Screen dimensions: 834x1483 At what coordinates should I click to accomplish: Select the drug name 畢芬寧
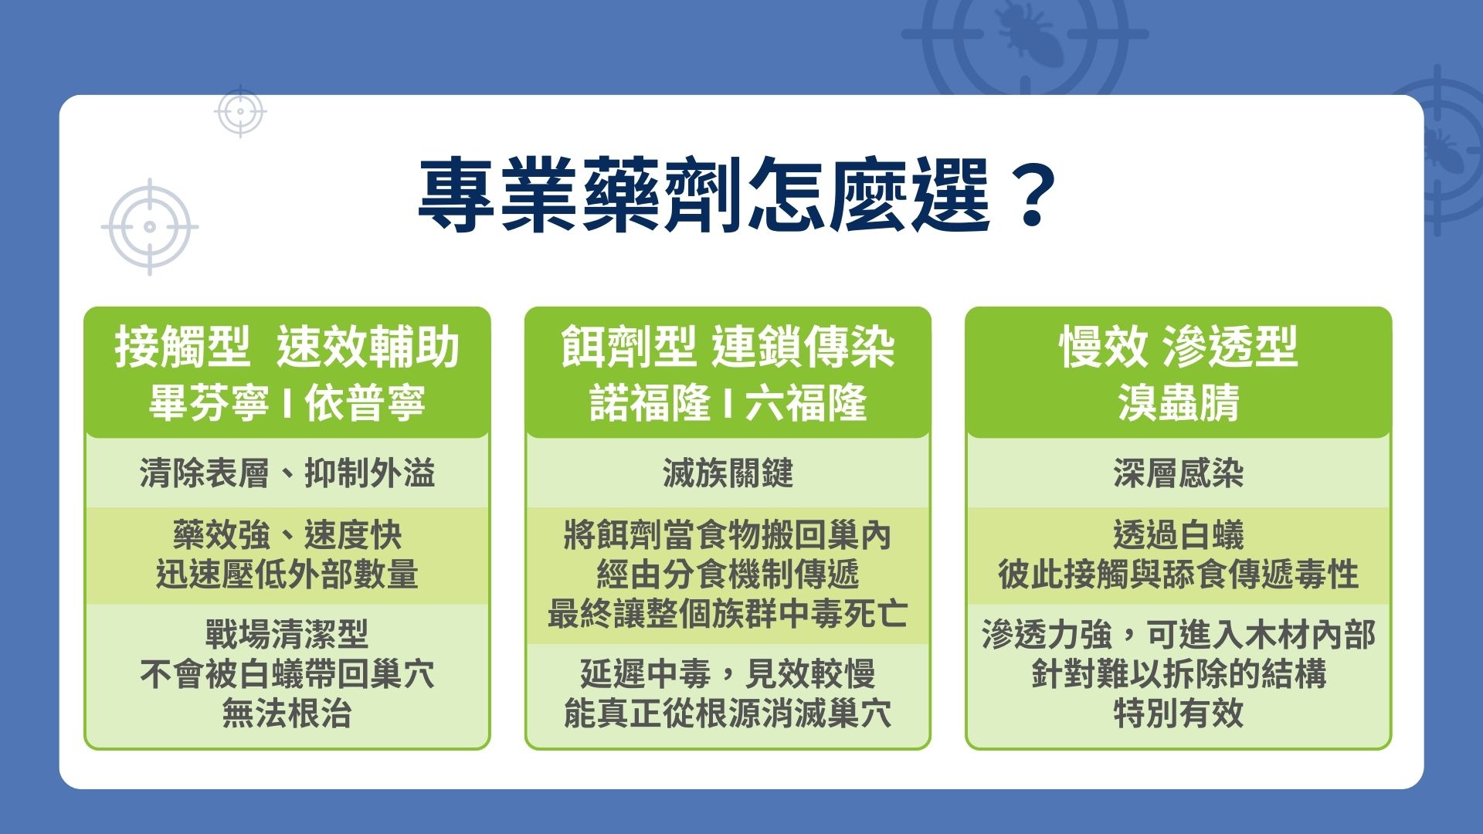(209, 403)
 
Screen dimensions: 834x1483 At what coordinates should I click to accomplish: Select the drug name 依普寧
(365, 403)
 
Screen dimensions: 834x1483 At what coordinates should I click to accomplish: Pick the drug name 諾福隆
(650, 403)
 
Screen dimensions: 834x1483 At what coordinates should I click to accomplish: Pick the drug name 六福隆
(806, 403)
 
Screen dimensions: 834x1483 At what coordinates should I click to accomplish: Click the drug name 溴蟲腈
(1178, 403)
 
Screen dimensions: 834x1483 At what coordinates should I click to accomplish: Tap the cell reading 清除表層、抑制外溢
(287, 473)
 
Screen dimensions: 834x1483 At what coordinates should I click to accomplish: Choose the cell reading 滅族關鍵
(728, 473)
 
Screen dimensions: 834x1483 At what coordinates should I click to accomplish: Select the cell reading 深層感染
(1178, 473)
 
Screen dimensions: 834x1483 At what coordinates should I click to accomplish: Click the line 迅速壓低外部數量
(287, 575)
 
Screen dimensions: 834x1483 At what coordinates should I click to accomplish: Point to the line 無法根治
(287, 714)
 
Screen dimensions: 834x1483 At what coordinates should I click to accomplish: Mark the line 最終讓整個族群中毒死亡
(728, 615)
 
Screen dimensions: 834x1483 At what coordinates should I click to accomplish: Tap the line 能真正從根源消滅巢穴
(728, 714)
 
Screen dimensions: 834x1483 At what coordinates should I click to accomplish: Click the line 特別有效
(1178, 714)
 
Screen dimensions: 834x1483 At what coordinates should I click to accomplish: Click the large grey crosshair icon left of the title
(150, 226)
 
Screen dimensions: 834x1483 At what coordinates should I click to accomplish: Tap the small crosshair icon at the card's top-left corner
(240, 111)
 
